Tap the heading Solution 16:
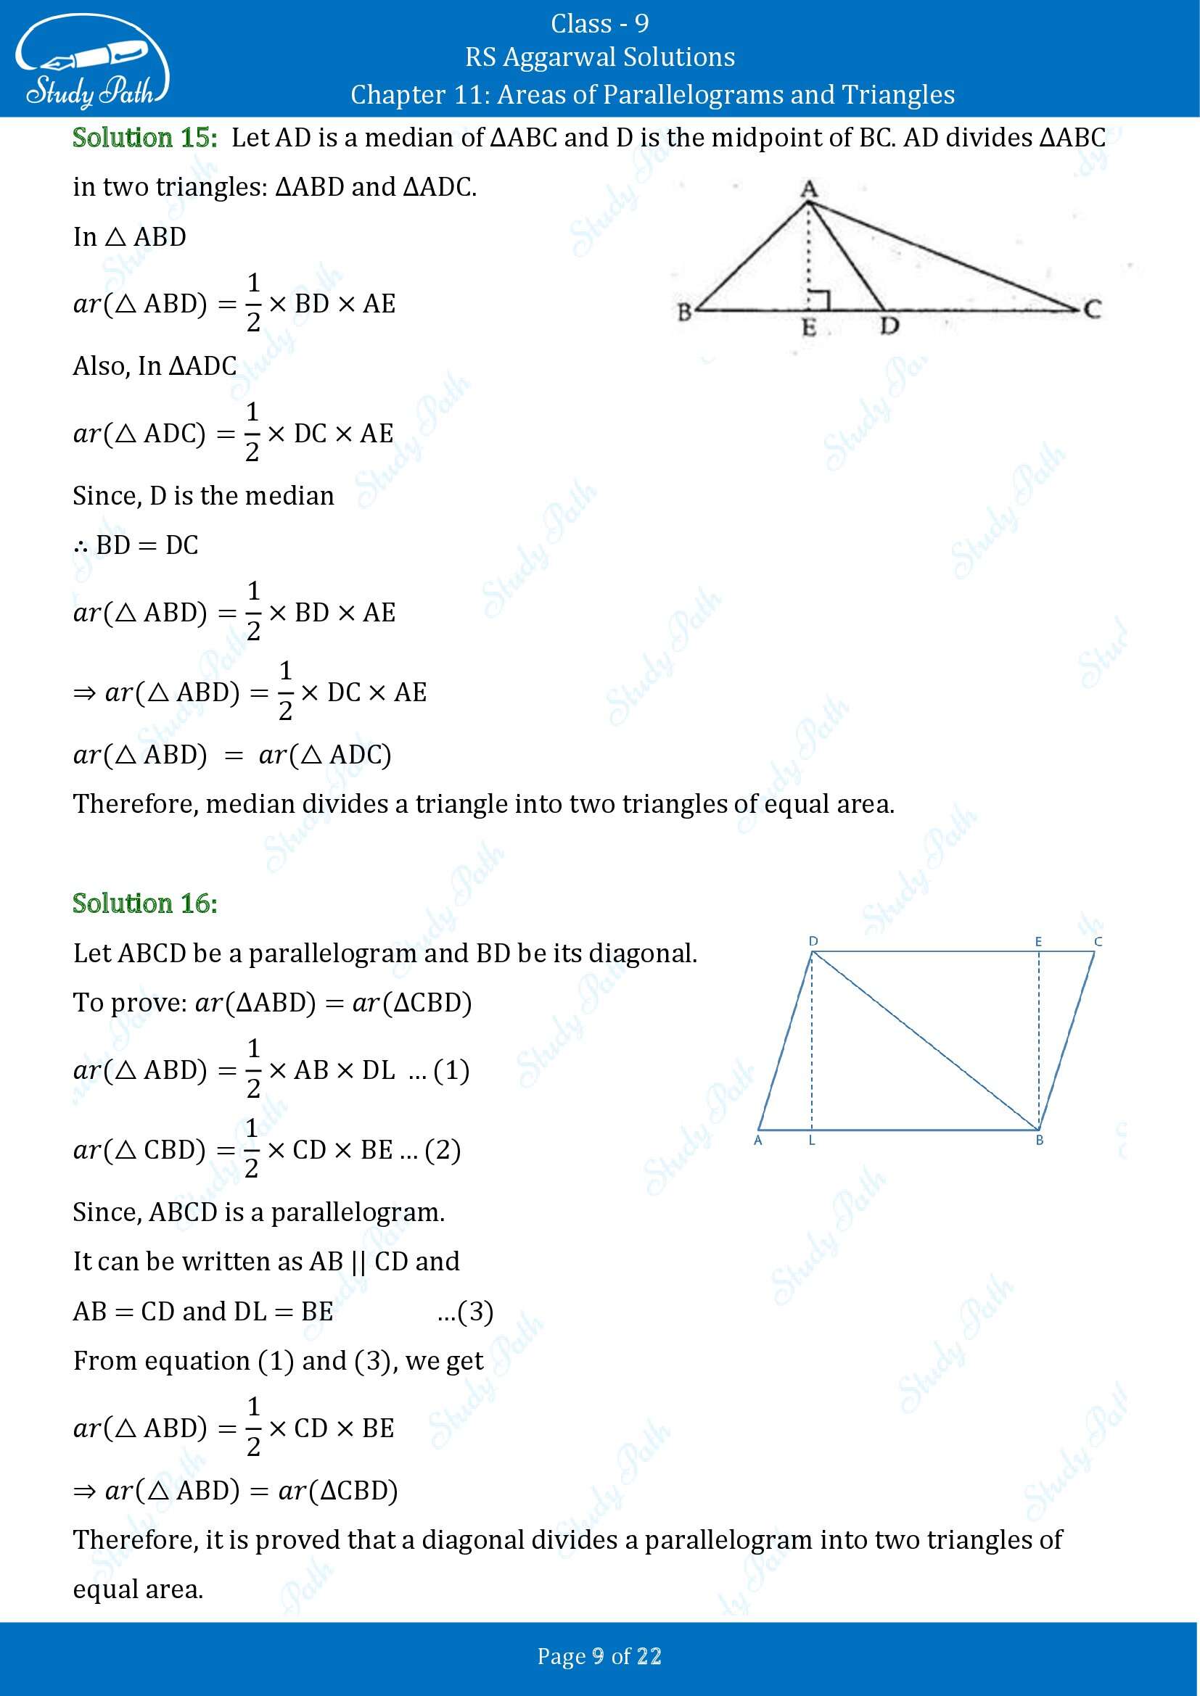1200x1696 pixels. pos(145,903)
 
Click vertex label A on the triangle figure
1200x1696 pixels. pos(808,189)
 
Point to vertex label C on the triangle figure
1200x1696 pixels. pos(1092,309)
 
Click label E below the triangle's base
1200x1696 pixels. pos(810,327)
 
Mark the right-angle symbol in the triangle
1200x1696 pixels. pos(821,300)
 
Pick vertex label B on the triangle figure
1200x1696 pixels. pos(684,312)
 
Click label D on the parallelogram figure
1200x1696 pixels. pos(813,941)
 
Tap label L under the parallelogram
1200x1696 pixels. pos(811,1141)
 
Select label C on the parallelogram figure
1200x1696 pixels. pos(1098,941)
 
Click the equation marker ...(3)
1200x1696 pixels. pos(466,1311)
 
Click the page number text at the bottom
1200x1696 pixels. pos(599,1657)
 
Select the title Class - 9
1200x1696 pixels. pos(599,24)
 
